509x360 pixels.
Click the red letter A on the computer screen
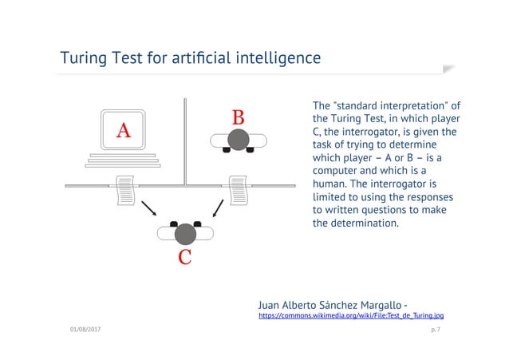[x=124, y=129]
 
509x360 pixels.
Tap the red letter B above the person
[x=238, y=118]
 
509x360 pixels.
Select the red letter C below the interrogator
[x=184, y=257]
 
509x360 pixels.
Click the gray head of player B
[x=238, y=140]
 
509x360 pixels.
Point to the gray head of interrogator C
[x=185, y=233]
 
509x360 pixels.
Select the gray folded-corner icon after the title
[x=448, y=69]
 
